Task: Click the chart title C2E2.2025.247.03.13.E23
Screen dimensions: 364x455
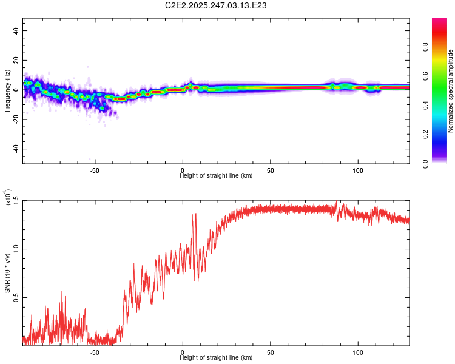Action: [217, 5]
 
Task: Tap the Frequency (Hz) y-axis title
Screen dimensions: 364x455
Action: [7, 90]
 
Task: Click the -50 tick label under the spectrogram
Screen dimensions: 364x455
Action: [95, 171]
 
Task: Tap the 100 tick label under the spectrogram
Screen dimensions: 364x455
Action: [358, 171]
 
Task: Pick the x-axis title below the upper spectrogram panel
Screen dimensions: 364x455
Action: [216, 176]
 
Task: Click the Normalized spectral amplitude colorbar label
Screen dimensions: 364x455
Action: [451, 90]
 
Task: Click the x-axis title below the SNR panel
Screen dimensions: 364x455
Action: [216, 357]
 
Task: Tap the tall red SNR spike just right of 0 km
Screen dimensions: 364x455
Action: [195, 214]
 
